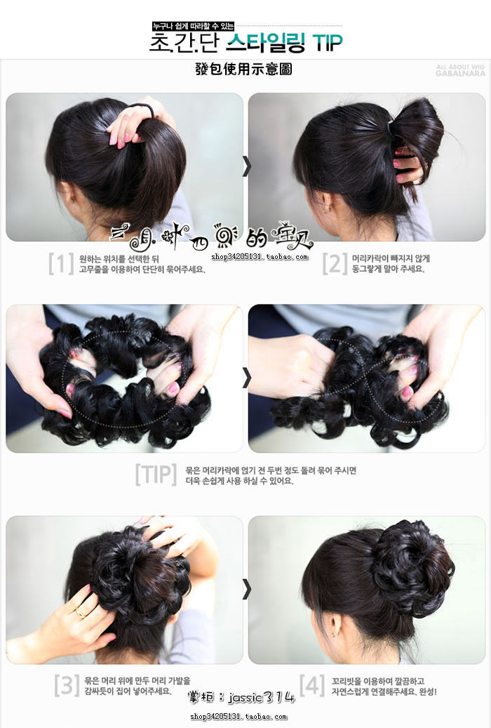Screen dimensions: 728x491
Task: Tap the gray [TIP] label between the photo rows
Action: (x=155, y=475)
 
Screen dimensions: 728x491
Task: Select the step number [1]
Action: (x=61, y=263)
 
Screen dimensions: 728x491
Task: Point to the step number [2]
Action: (x=335, y=263)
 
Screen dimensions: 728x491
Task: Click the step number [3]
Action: (x=67, y=685)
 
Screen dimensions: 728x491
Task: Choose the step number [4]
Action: (x=312, y=685)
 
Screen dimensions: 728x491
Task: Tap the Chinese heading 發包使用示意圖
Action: (x=243, y=69)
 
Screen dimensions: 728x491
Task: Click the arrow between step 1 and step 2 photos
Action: (x=246, y=166)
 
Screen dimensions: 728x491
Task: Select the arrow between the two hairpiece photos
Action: (x=246, y=378)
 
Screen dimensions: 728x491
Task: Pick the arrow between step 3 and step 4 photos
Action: (x=246, y=589)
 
